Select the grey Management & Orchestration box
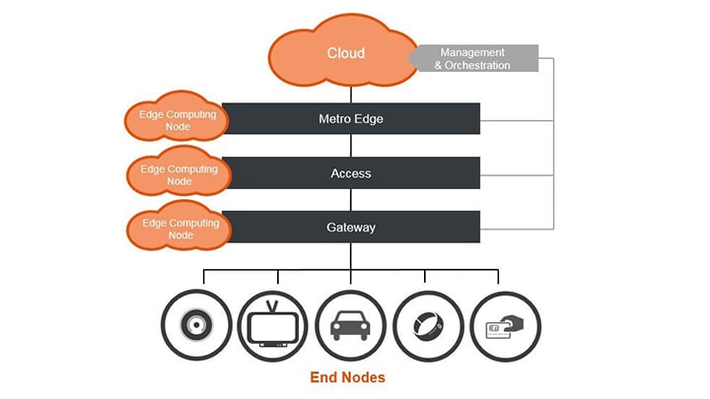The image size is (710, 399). tap(478, 58)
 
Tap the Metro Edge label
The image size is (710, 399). tap(350, 119)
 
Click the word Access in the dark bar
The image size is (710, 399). tap(350, 173)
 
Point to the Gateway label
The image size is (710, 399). tap(350, 228)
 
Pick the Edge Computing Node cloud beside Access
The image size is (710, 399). tap(178, 174)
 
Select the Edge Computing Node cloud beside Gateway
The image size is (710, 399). tap(178, 229)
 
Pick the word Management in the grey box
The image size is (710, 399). tap(472, 52)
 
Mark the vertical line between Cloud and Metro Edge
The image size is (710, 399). tap(350, 92)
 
